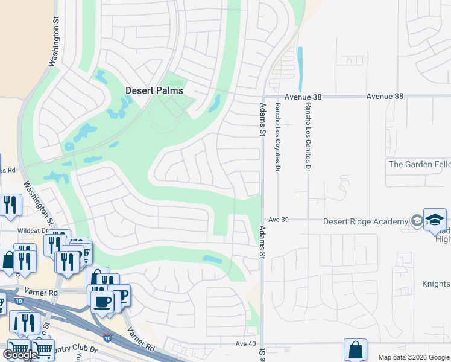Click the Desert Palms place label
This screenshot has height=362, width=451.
(x=154, y=91)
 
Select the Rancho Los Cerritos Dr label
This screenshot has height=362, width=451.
(x=307, y=137)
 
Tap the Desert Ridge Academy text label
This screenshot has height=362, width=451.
(x=365, y=221)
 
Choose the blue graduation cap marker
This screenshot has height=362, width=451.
(x=434, y=219)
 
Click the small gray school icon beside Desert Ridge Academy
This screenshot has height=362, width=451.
(x=416, y=221)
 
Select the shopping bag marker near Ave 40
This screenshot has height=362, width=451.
(x=355, y=349)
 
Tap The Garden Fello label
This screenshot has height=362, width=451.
(x=419, y=164)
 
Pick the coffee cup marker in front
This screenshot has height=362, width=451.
(x=102, y=302)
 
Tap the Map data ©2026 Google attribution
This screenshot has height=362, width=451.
(x=413, y=357)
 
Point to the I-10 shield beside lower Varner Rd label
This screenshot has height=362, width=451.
(x=107, y=338)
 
